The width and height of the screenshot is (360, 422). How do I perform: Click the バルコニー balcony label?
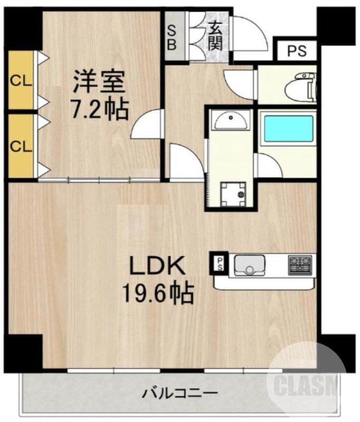click(x=180, y=394)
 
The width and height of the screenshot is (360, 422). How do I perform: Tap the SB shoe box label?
click(x=172, y=37)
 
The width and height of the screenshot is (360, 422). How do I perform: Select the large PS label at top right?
click(x=296, y=52)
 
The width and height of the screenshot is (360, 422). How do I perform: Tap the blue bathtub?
click(x=289, y=129)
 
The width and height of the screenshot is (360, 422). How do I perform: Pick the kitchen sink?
click(x=249, y=264)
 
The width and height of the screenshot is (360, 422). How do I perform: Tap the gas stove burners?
click(x=300, y=264)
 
